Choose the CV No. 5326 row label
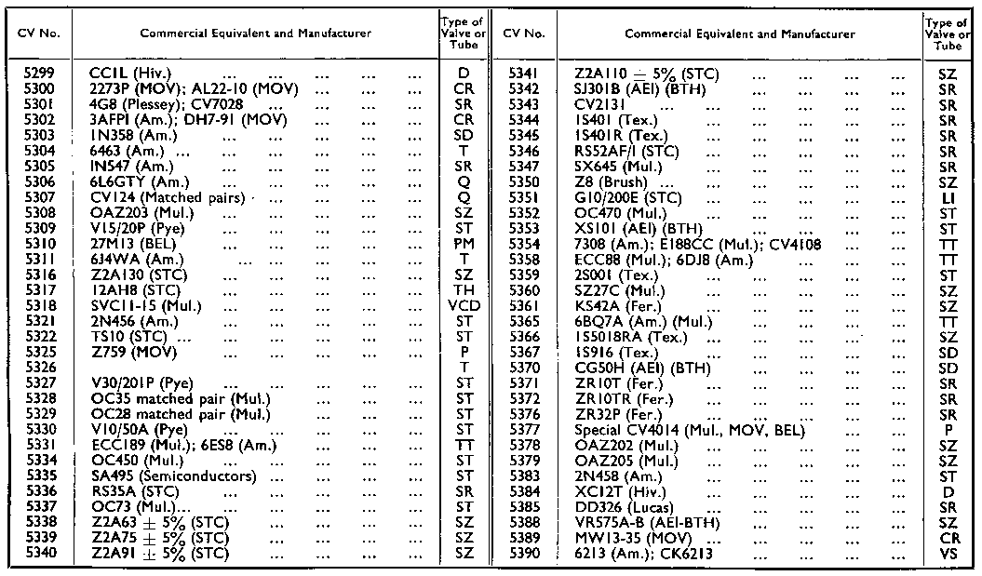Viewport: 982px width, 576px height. click(39, 367)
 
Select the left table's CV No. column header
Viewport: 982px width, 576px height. click(39, 33)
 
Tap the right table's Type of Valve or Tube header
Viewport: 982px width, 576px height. click(948, 33)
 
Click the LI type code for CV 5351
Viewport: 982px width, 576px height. click(948, 197)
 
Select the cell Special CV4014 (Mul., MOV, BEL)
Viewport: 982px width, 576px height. click(690, 430)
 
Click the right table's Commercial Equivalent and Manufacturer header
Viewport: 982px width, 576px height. click(739, 33)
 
